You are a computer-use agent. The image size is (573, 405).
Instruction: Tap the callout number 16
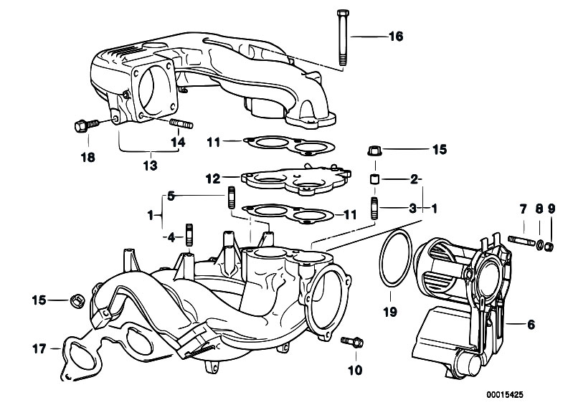point(397,36)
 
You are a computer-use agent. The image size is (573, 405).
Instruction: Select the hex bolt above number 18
point(80,125)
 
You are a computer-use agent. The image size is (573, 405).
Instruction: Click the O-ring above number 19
point(391,262)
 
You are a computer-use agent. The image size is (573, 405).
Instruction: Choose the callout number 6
point(531,325)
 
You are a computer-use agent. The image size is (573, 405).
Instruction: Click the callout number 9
point(551,209)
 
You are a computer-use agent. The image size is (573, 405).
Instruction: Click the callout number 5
point(171,195)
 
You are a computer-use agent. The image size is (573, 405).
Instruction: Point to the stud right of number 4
point(190,235)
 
